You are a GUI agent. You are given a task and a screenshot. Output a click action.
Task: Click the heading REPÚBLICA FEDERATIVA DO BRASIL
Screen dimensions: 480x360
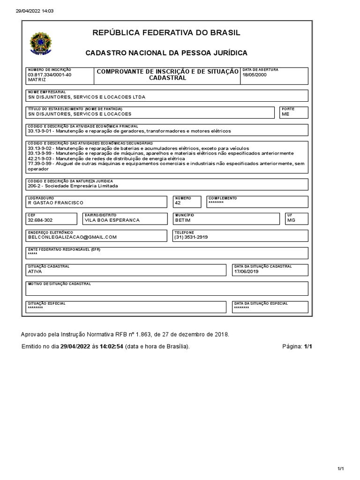click(x=166, y=33)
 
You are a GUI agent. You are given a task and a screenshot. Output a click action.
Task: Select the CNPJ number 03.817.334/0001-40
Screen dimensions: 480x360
click(x=50, y=75)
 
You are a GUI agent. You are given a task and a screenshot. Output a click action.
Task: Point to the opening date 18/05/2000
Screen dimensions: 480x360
click(x=254, y=75)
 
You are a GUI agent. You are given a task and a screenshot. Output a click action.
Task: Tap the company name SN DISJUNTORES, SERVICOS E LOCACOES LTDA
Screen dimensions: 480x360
click(x=87, y=97)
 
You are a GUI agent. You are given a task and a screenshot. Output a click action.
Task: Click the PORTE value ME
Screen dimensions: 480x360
click(x=285, y=114)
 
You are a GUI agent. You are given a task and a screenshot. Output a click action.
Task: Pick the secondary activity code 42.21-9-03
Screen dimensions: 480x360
click(x=40, y=158)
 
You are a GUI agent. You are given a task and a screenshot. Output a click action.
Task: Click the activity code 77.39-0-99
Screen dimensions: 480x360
click(x=40, y=164)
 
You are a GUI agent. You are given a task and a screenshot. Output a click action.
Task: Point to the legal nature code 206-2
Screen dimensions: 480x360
click(x=35, y=186)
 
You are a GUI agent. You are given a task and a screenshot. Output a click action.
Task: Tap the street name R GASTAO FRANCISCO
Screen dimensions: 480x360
click(x=56, y=203)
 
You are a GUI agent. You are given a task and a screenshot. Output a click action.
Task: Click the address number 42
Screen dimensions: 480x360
click(x=177, y=203)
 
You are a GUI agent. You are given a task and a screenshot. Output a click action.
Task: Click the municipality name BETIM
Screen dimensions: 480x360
click(x=183, y=220)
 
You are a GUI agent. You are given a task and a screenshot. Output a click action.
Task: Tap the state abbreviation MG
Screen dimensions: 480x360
click(x=291, y=220)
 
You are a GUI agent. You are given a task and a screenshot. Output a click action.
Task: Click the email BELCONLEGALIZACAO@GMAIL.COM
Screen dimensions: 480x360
click(x=72, y=237)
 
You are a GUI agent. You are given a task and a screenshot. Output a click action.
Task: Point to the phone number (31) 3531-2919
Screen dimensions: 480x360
click(x=191, y=237)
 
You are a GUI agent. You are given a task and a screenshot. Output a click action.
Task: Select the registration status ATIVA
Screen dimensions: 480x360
click(x=35, y=271)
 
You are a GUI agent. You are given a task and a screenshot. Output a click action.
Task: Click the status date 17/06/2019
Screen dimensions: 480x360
click(x=246, y=271)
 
